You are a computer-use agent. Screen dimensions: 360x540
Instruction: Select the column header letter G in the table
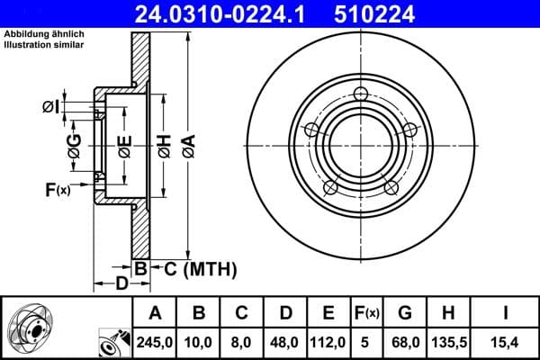405,313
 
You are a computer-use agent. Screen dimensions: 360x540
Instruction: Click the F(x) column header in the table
367,313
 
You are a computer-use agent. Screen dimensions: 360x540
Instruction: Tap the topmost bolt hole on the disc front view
362,94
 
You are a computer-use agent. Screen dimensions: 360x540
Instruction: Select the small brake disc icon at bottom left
31,328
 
